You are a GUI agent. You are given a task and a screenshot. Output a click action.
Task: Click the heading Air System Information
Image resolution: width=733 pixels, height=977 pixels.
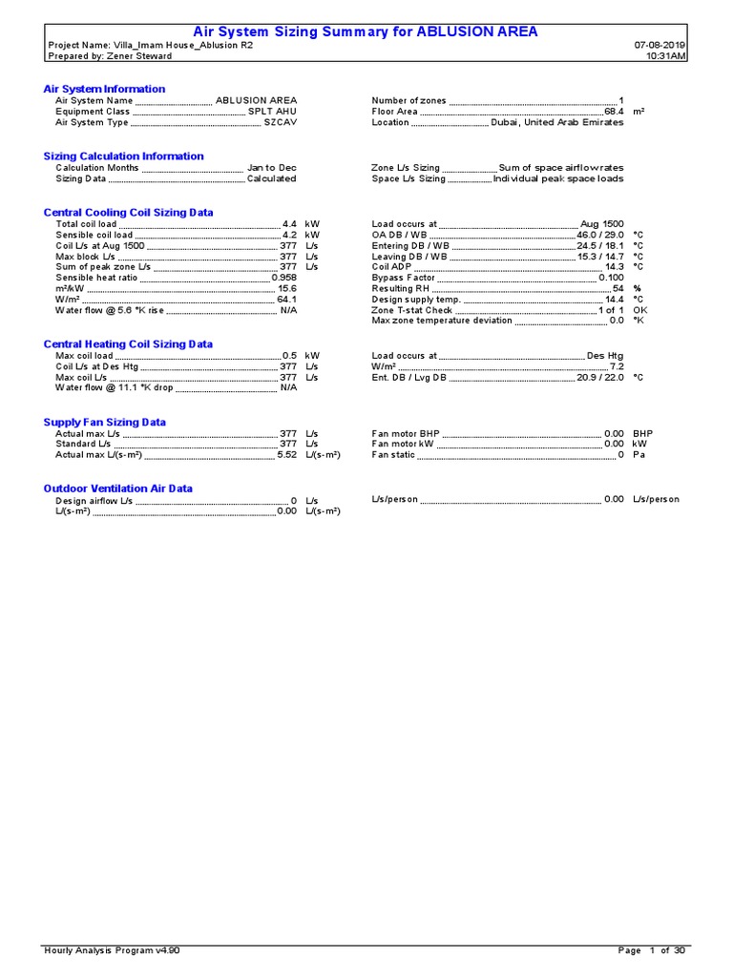point(104,89)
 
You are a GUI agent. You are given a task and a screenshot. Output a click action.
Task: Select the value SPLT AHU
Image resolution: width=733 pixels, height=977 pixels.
point(272,112)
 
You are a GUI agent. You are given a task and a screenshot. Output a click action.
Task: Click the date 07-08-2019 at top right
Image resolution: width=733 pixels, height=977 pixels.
point(660,45)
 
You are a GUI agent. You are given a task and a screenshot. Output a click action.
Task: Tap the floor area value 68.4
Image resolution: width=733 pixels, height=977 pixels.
point(614,112)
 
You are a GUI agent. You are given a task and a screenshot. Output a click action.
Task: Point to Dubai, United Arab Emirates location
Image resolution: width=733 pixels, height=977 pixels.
point(557,122)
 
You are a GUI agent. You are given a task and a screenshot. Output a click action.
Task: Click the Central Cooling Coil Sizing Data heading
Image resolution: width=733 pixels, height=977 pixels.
point(128,213)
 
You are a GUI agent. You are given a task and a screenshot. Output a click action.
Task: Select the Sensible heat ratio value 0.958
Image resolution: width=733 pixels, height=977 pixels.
point(283,278)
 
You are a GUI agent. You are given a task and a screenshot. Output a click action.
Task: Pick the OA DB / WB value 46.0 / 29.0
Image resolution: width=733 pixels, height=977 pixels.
point(599,235)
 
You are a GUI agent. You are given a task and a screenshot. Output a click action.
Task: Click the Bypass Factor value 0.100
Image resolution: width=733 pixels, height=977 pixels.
point(611,278)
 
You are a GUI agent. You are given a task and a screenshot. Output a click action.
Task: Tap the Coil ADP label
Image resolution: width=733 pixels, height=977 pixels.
point(391,267)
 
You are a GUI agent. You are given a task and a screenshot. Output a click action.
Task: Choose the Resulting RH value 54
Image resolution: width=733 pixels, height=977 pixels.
point(618,288)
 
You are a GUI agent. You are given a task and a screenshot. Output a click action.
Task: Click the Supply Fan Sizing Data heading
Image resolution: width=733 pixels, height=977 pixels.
point(104,422)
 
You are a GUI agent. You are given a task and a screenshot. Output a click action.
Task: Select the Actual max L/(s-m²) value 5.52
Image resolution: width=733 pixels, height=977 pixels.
point(286,455)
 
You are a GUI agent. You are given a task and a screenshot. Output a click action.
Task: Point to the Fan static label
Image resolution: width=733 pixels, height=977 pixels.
point(393,455)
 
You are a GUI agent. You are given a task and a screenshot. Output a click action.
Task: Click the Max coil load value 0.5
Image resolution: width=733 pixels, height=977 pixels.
point(289,355)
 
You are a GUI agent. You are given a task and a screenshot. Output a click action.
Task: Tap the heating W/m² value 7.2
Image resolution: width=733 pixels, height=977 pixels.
point(617,366)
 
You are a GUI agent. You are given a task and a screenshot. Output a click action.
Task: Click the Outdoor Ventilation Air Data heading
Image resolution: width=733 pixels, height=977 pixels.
point(117,488)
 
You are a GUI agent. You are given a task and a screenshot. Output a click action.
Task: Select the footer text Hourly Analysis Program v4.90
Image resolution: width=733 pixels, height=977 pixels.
point(112,950)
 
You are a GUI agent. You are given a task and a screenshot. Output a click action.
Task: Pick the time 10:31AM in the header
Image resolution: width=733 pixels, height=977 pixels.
point(665,55)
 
